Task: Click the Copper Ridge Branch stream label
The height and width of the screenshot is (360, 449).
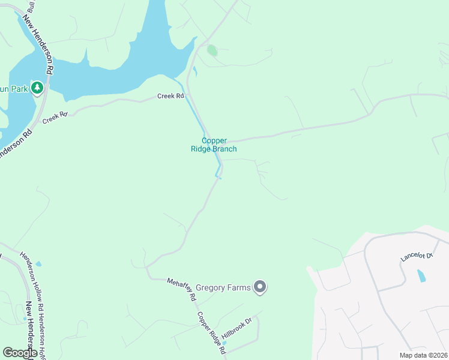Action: (x=219, y=145)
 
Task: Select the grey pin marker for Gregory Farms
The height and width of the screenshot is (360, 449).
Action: (x=260, y=288)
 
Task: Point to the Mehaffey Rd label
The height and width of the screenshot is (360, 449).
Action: (x=182, y=289)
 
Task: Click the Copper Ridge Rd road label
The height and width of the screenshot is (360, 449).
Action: (x=211, y=332)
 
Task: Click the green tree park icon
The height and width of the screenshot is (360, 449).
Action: (x=37, y=89)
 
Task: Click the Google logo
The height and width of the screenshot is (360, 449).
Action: (x=19, y=353)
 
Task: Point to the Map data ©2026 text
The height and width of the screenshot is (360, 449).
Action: (x=423, y=355)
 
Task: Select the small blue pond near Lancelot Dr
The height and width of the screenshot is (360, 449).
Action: (x=421, y=276)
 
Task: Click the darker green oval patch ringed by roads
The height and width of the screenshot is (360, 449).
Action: (x=212, y=50)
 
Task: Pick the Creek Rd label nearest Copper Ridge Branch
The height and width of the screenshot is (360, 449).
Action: (x=170, y=96)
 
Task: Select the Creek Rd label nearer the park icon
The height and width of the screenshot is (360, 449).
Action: (x=55, y=117)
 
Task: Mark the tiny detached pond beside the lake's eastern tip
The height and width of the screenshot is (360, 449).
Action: (x=194, y=70)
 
